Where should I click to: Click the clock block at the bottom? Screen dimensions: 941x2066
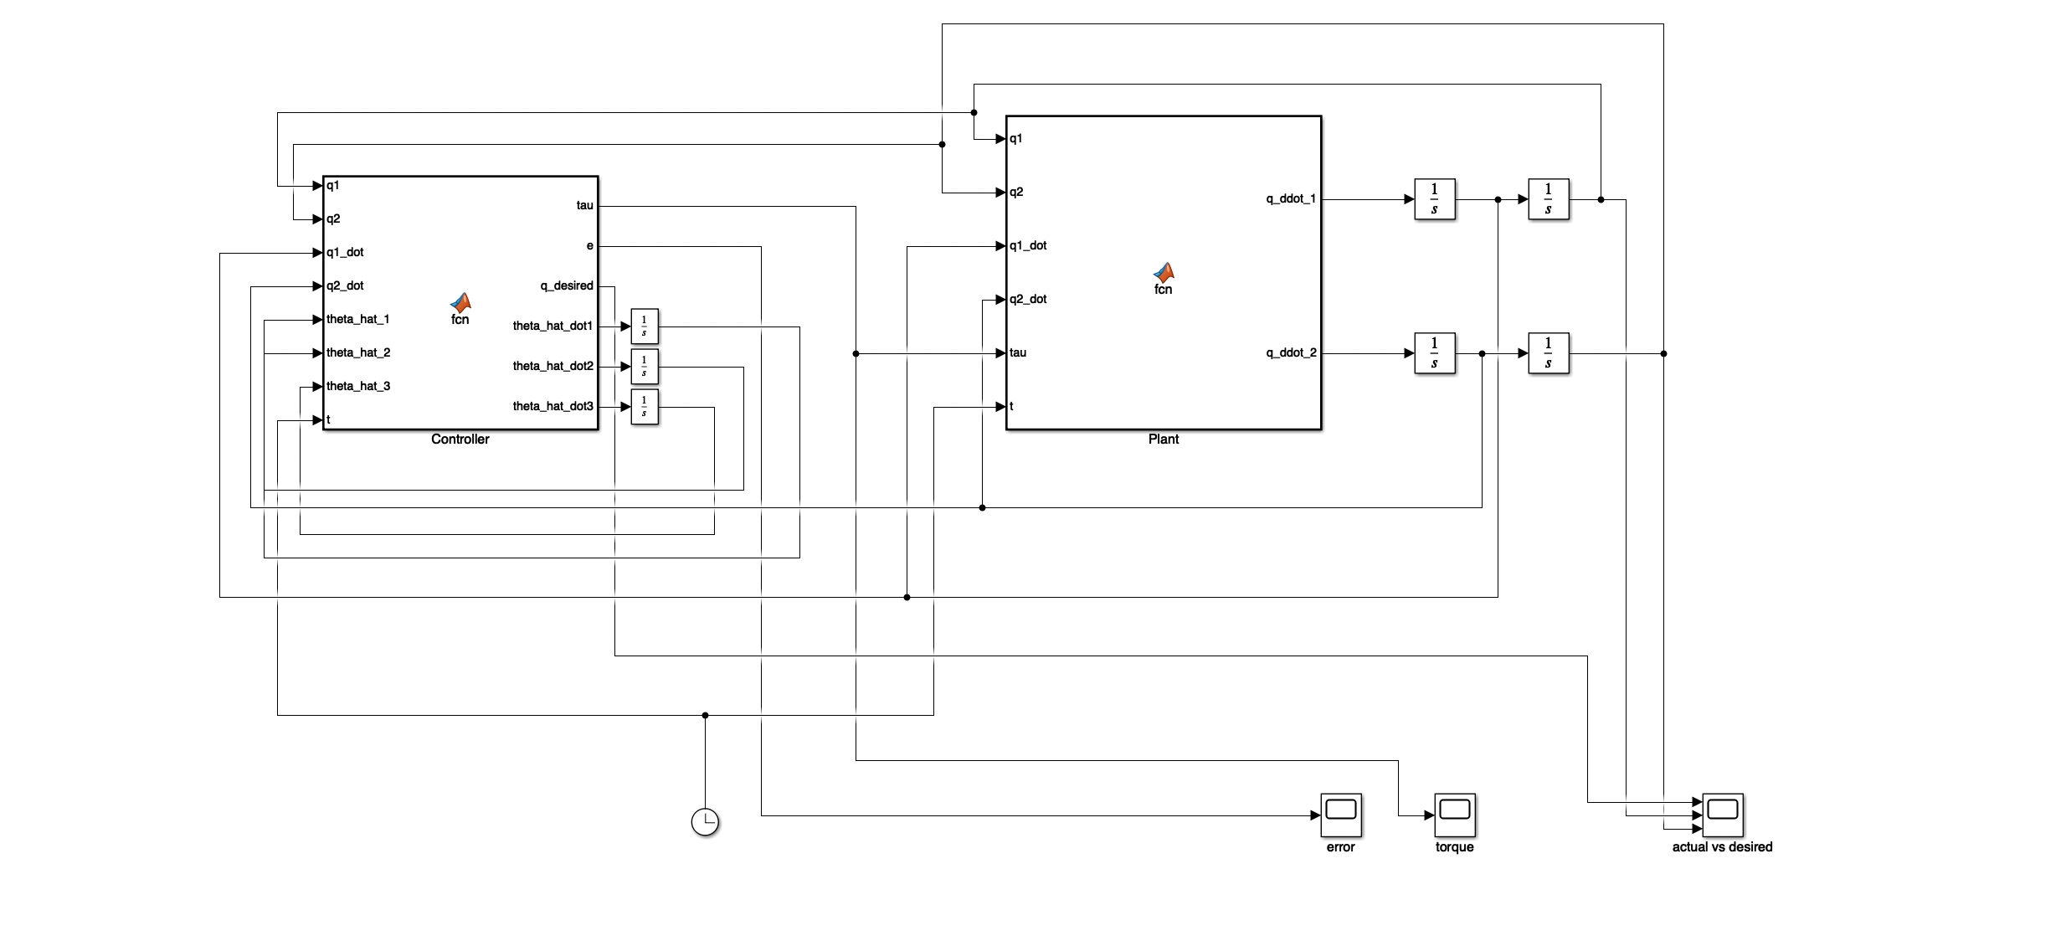[x=705, y=822]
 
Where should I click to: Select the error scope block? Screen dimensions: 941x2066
[x=1341, y=815]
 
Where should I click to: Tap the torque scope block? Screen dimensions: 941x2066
[x=1455, y=815]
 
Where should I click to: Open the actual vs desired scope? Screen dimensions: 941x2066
[x=1723, y=815]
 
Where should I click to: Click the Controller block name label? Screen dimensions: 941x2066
[x=460, y=440]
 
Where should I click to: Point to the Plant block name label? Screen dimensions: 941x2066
[x=1163, y=440]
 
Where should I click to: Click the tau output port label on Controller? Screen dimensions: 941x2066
[x=584, y=206]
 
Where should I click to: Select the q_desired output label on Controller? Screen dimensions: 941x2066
[x=567, y=286]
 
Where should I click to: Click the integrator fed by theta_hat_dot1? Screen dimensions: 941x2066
[x=644, y=327]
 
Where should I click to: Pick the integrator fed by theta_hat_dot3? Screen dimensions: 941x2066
[x=644, y=407]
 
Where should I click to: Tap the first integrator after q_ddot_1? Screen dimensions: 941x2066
[x=1434, y=199]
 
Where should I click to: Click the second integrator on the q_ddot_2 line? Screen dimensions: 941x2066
[x=1548, y=353]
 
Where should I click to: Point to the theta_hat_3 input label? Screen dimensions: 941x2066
[x=358, y=387]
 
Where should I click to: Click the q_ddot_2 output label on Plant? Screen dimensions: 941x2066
[x=1291, y=353]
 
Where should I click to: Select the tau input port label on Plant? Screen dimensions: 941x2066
[x=1018, y=353]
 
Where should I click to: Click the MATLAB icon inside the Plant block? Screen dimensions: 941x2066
[x=1163, y=272]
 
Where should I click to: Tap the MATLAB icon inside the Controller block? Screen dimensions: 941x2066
[x=460, y=302]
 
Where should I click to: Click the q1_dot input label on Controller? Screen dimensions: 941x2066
[x=345, y=253]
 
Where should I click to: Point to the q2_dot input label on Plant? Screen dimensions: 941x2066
[x=1028, y=300]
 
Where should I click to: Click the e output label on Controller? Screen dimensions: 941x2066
[x=590, y=246]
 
